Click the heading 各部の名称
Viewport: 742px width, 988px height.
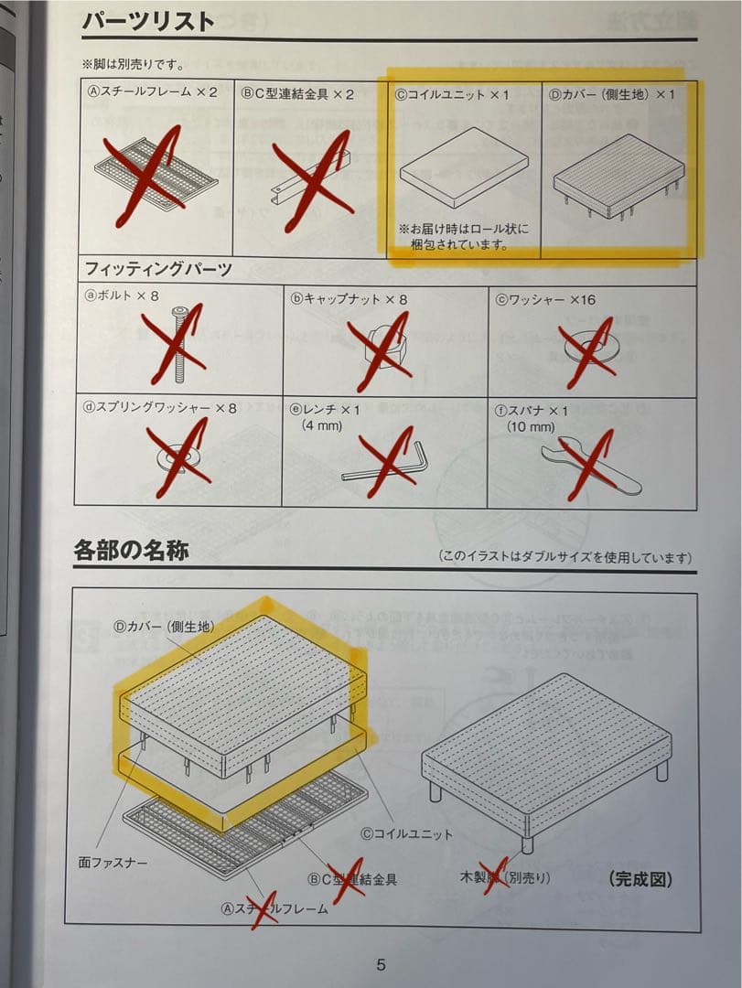tap(131, 552)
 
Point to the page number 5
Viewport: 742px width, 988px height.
tap(381, 964)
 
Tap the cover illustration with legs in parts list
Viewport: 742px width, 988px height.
tap(619, 178)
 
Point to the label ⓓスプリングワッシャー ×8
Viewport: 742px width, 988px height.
tap(160, 408)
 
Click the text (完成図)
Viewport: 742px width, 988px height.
tap(640, 879)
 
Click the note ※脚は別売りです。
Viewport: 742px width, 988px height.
tap(132, 65)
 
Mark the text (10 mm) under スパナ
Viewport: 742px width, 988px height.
tap(531, 426)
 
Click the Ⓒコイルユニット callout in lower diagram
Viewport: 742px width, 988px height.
tap(406, 833)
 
